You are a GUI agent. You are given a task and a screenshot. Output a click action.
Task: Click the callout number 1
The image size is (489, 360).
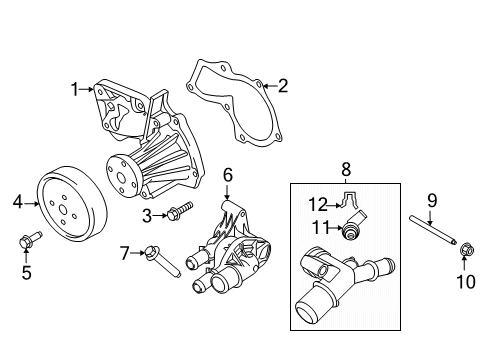point(74,90)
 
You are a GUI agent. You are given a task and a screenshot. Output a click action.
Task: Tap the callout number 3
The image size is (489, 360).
point(147,214)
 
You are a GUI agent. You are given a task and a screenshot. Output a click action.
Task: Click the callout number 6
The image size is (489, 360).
point(228,175)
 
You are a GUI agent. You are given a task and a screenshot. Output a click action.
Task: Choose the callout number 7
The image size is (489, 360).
point(125,252)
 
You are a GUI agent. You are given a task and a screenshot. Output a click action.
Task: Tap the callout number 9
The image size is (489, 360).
point(432,200)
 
